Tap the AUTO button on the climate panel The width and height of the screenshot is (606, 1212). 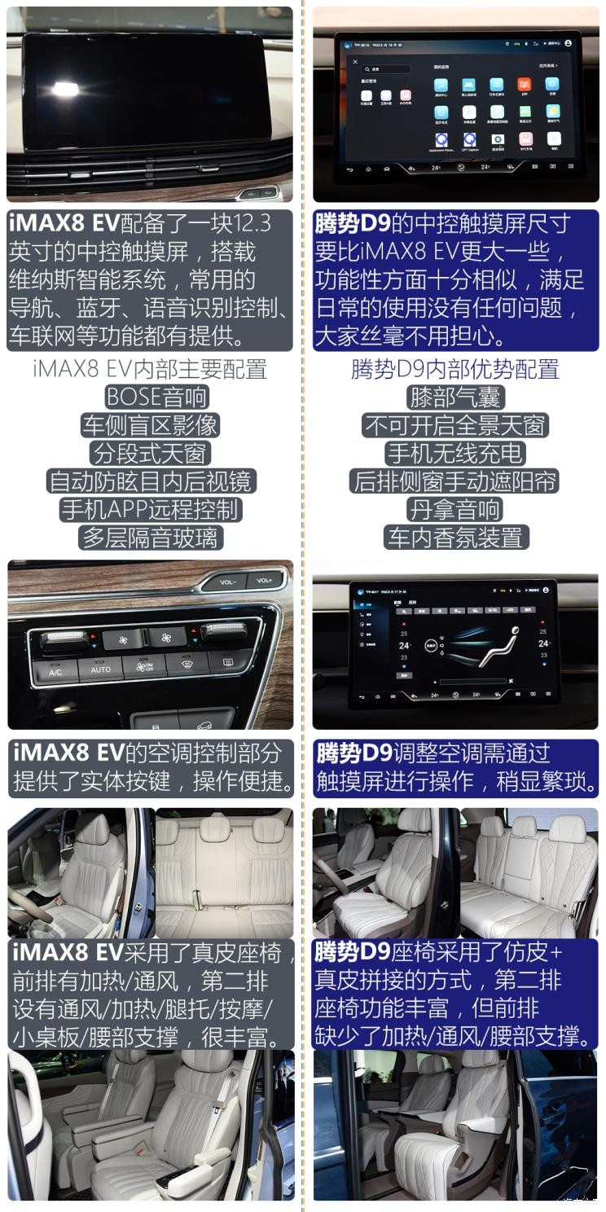click(100, 670)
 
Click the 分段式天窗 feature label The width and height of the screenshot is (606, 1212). click(150, 454)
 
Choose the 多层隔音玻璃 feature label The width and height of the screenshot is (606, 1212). click(150, 538)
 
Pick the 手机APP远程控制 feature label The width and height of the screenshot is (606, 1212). click(150, 510)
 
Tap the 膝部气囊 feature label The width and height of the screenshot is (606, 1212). click(455, 397)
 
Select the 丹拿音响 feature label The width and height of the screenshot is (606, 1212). click(455, 510)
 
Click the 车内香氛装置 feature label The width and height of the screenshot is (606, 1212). click(455, 538)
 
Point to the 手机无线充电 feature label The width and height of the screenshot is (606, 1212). click(455, 454)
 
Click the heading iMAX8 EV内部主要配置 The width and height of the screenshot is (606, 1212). click(150, 369)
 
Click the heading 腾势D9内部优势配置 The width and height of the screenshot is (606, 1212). click(455, 369)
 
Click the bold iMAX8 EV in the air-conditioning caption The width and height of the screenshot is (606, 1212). click(65, 753)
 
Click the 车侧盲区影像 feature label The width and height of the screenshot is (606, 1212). click(150, 425)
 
